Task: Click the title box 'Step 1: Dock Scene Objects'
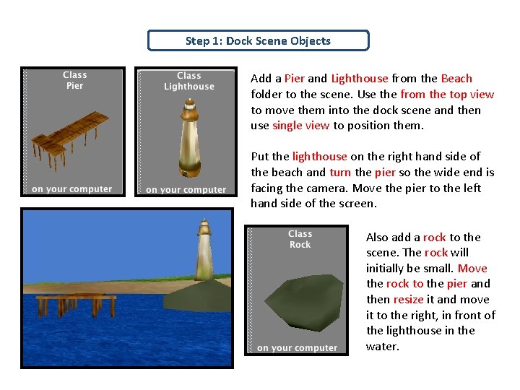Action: (258, 40)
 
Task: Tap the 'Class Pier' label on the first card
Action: (74, 80)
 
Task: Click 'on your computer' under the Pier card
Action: (72, 189)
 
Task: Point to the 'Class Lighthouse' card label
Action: (188, 81)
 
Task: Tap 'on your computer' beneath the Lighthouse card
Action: (186, 190)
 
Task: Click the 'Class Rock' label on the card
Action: (300, 239)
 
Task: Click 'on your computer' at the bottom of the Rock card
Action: (297, 348)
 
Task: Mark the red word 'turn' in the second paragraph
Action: (340, 173)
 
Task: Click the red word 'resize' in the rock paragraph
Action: (408, 299)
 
